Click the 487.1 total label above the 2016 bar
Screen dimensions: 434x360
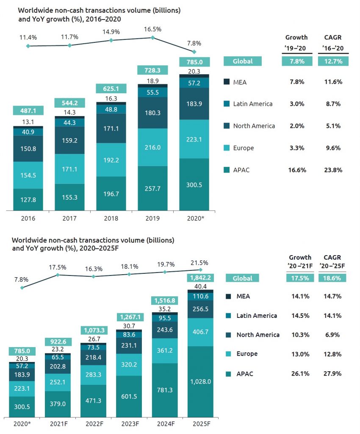28,111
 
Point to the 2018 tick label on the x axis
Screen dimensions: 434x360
111,219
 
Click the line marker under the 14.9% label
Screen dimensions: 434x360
111,40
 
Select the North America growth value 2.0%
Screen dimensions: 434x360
296,126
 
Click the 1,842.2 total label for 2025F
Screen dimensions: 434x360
200,278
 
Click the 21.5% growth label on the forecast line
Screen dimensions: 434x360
200,262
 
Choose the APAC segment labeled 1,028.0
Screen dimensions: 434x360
200,382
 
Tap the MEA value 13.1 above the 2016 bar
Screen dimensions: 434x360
28,121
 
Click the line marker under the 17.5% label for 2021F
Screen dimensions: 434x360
58,275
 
